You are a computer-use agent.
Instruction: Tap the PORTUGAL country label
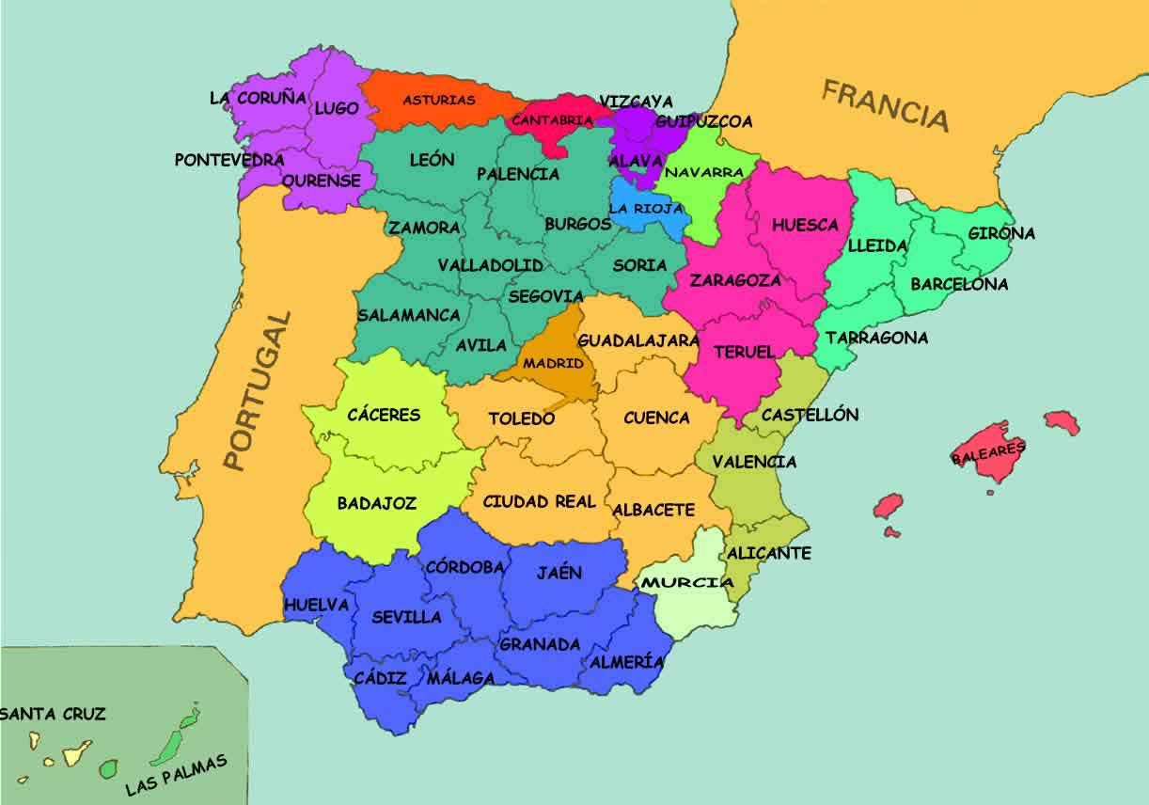click(258, 391)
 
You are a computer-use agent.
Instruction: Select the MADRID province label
click(553, 363)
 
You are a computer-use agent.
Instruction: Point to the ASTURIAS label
click(439, 100)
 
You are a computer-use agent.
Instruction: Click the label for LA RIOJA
click(646, 209)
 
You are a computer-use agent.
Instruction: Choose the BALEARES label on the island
click(988, 452)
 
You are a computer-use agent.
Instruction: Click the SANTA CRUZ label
click(53, 714)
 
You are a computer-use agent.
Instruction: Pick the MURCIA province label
click(687, 583)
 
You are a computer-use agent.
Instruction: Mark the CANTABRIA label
click(551, 120)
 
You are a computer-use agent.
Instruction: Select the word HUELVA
click(316, 605)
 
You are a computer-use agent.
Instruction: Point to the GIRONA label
click(1001, 233)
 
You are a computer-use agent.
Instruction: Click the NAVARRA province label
click(704, 173)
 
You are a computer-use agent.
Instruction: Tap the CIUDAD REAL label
click(540, 501)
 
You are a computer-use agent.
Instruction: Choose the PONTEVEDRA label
click(229, 160)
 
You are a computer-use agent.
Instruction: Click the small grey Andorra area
click(905, 195)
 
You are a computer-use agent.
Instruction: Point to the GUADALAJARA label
click(638, 339)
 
